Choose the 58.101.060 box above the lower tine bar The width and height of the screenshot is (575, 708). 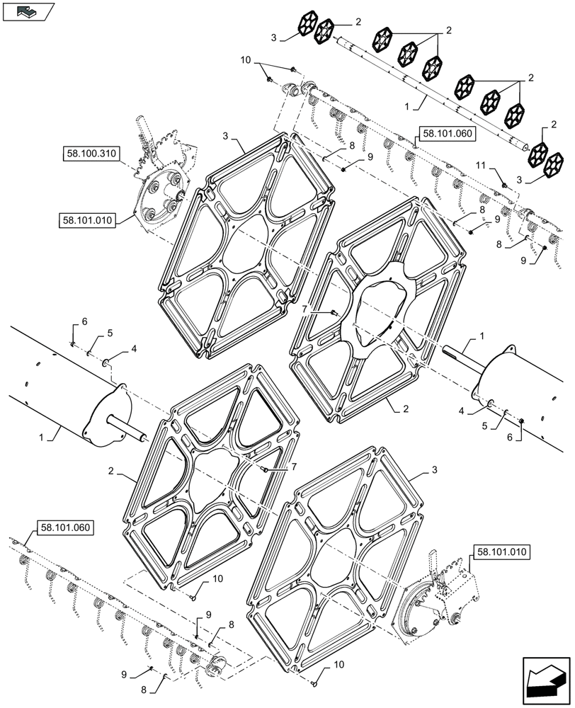[x=62, y=527]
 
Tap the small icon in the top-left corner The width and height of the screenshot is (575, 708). [x=28, y=11]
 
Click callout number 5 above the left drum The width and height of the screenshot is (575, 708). [x=110, y=333]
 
